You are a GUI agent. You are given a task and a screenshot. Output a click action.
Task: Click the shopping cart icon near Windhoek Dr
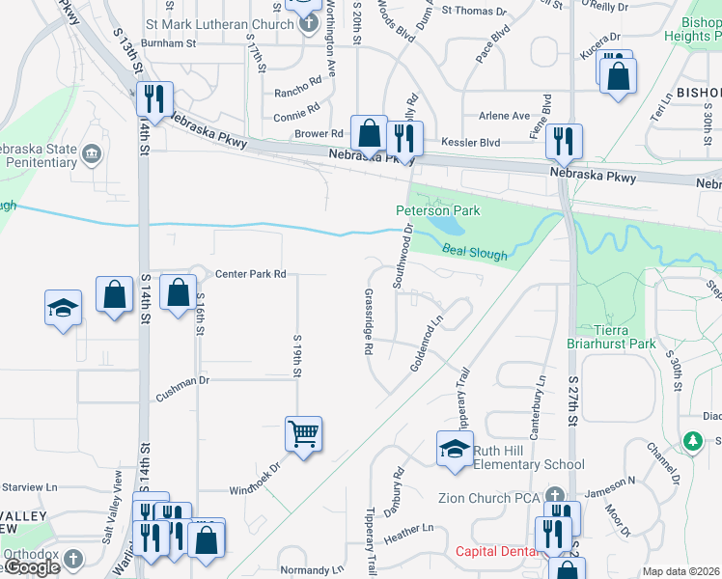tap(303, 434)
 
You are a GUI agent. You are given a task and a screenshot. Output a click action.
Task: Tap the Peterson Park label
tap(437, 210)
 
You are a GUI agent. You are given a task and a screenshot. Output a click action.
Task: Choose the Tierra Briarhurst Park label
tap(615, 336)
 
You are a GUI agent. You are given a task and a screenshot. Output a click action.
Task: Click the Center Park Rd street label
tap(251, 274)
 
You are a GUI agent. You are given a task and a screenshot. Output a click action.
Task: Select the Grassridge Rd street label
tap(369, 322)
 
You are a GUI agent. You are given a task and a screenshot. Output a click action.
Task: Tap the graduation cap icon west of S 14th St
tap(64, 307)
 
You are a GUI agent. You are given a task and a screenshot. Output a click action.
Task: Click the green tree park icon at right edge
tap(691, 441)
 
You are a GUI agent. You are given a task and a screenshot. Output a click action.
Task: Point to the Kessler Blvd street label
tap(470, 143)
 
